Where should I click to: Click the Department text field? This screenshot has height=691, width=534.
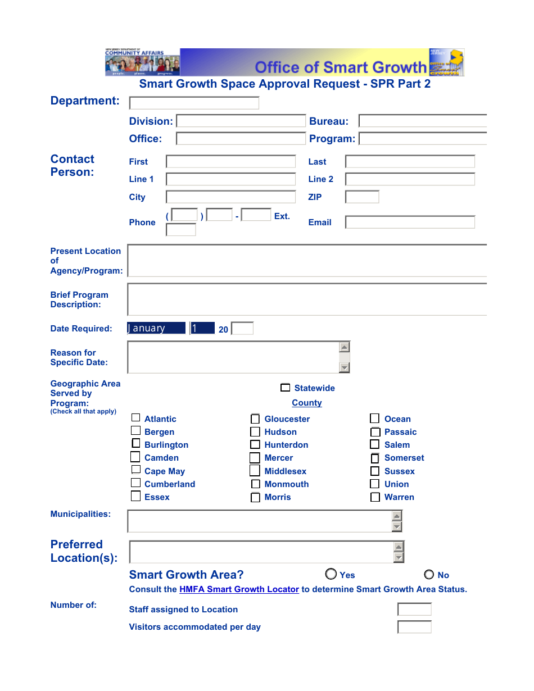(x=194, y=103)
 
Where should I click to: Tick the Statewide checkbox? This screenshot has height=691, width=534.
(x=286, y=388)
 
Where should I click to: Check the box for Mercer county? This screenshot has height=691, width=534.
(x=255, y=458)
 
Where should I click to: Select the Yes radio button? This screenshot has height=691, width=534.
(x=331, y=574)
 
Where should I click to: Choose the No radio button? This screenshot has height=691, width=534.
(x=429, y=574)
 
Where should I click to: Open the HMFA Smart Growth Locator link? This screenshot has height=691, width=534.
(x=239, y=589)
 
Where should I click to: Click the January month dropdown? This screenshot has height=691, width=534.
(x=157, y=328)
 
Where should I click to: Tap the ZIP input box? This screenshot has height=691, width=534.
(x=362, y=197)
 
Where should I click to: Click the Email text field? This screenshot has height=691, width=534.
(x=410, y=222)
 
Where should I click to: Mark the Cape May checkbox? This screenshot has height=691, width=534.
(x=136, y=470)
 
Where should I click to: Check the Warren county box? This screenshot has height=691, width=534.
(x=375, y=497)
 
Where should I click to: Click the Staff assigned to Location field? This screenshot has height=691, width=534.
(x=414, y=610)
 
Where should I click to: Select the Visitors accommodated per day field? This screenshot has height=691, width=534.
(x=414, y=627)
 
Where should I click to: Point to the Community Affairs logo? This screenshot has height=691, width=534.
(x=142, y=62)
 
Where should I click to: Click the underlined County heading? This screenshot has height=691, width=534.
(x=307, y=403)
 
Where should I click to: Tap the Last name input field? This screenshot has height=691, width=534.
(x=410, y=162)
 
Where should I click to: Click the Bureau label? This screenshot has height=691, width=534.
(x=329, y=121)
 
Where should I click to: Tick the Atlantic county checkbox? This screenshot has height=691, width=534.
(x=136, y=418)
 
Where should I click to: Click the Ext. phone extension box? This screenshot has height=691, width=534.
(x=181, y=230)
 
